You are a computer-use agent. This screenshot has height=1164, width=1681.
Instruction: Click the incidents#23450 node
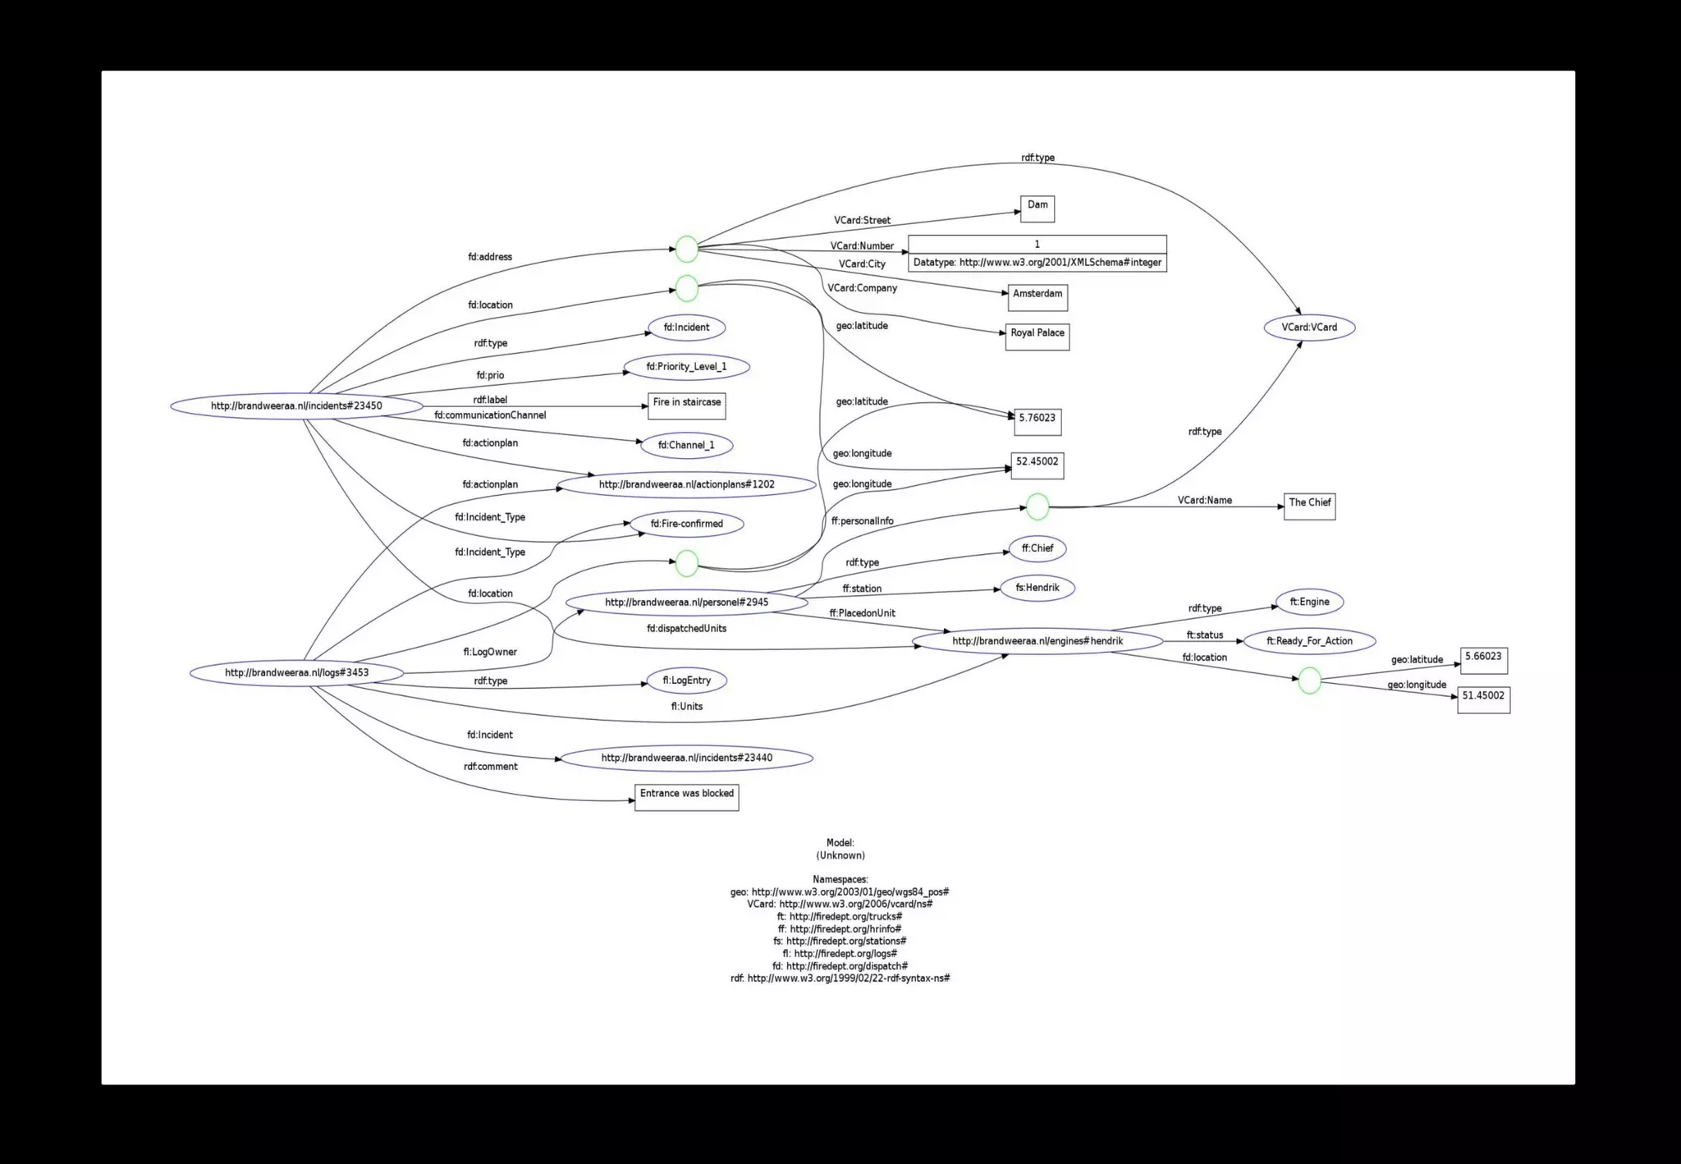point(296,406)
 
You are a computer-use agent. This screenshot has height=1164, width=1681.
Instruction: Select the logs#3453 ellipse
point(296,673)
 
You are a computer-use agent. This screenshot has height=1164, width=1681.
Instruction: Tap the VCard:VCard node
point(1309,328)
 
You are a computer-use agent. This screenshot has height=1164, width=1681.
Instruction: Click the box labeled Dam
point(1037,209)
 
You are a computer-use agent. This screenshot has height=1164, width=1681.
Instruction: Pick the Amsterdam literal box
point(1037,297)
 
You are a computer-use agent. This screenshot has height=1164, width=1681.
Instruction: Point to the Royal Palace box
point(1037,337)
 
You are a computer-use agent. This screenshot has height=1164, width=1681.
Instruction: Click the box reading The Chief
point(1309,506)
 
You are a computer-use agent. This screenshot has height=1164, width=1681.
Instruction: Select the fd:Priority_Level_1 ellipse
point(686,367)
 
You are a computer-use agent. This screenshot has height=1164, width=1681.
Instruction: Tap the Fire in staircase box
point(687,406)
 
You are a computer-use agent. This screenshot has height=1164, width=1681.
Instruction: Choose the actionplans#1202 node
point(686,484)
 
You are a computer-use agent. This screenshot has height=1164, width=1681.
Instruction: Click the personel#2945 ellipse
point(686,603)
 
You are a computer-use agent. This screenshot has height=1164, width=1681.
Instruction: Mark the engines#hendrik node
point(1037,641)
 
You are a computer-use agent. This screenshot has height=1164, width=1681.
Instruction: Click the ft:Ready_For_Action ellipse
point(1309,641)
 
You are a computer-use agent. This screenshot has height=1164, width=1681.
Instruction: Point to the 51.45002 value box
point(1483,699)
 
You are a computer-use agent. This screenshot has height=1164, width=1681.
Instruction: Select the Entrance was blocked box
point(687,797)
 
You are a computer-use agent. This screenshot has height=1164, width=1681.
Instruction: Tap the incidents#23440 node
point(686,758)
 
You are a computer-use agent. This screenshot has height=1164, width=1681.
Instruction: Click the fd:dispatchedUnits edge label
point(686,629)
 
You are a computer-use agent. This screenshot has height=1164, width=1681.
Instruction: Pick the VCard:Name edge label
point(1204,500)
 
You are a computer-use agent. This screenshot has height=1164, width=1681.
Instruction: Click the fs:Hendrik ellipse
point(1037,588)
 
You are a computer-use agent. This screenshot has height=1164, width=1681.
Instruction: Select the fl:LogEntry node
point(686,681)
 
